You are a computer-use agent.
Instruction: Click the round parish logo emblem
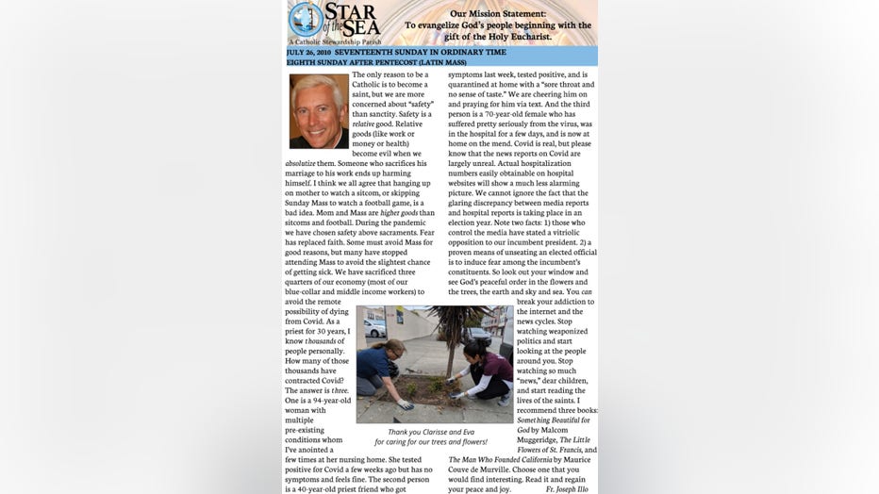coord(306,19)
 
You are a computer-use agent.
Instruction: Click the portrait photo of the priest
coord(319,111)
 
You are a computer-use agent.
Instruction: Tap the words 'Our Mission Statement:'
coord(497,14)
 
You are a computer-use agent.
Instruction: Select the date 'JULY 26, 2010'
coord(313,52)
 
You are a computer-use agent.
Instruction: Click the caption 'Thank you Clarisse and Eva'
coord(431,432)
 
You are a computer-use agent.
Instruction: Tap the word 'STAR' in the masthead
coord(352,12)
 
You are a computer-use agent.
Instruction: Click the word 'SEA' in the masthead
coord(362,29)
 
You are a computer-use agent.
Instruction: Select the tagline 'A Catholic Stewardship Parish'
coord(328,41)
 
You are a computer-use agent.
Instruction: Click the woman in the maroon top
coord(486,370)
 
